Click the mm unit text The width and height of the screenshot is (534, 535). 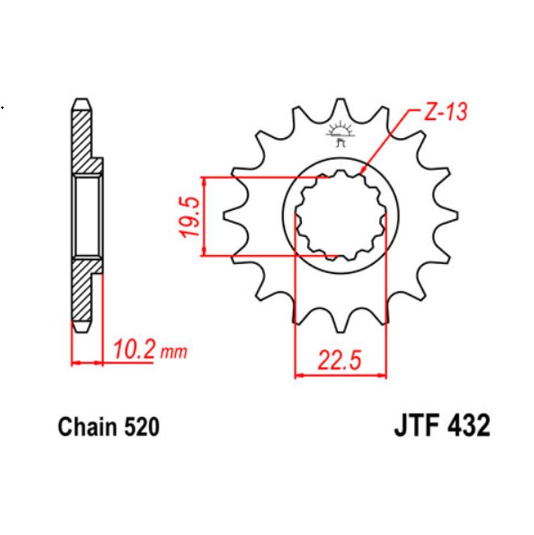(173, 351)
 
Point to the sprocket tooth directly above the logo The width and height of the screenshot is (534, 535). (340, 113)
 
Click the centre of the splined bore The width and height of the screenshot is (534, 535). (339, 216)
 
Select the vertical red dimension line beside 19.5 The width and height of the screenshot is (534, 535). (205, 218)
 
